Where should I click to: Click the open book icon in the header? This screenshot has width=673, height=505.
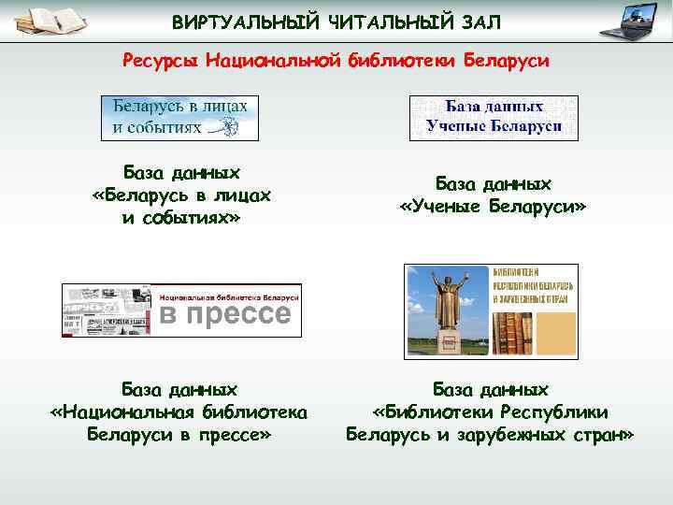pyautogui.click(x=52, y=21)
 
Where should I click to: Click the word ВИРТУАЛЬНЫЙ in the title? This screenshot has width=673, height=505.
pyautogui.click(x=244, y=22)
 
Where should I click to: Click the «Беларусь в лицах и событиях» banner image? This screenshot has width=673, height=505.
pyautogui.click(x=180, y=118)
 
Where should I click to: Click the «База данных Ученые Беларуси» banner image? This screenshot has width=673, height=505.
pyautogui.click(x=494, y=118)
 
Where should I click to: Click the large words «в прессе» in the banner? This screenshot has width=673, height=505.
pyautogui.click(x=228, y=314)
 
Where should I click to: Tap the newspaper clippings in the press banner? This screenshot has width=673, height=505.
pyautogui.click(x=104, y=310)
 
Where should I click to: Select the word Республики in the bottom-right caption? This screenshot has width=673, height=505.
pyautogui.click(x=556, y=411)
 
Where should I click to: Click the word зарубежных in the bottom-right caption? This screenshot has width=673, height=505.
pyautogui.click(x=513, y=435)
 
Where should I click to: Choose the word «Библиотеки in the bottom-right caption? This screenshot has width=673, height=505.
pyautogui.click(x=430, y=411)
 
